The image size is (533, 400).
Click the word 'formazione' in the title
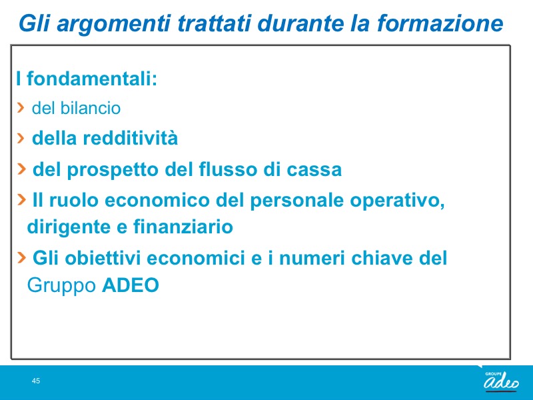[x=440, y=23]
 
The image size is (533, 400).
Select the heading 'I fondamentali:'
[x=87, y=78]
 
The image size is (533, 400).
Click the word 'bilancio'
[x=91, y=108]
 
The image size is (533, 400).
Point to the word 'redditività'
[x=130, y=138]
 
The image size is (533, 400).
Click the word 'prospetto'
[x=113, y=170]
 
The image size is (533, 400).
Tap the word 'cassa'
[x=314, y=169]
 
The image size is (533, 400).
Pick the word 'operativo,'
[x=397, y=201]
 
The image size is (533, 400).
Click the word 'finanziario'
[x=183, y=227]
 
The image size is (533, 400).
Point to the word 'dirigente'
[x=69, y=227]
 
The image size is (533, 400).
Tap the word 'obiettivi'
[x=103, y=258]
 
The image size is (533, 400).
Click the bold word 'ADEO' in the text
[x=131, y=285]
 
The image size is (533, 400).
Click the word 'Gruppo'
[x=61, y=286]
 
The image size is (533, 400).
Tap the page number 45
[x=36, y=381]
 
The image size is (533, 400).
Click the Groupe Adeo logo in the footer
[x=502, y=381]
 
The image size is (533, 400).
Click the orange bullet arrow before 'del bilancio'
[x=21, y=107]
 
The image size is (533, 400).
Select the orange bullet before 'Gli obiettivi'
[x=21, y=257]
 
